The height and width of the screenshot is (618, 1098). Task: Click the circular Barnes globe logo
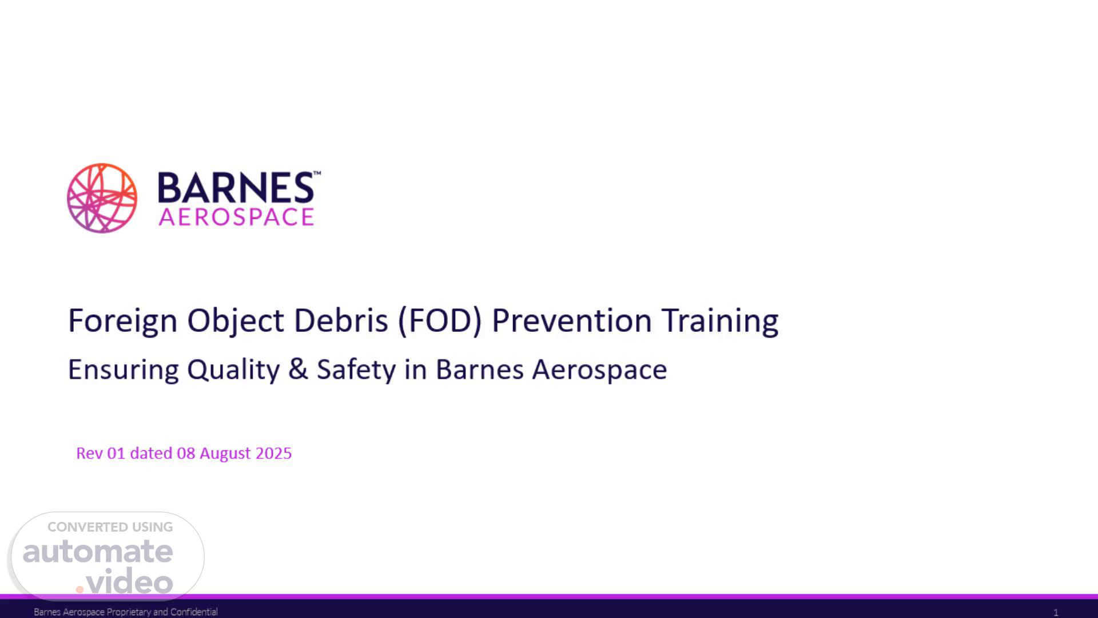click(x=102, y=198)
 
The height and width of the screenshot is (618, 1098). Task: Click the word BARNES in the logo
click(x=236, y=188)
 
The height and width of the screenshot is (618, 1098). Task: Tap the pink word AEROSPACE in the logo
click(x=236, y=217)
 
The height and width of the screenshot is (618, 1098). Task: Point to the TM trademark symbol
click(x=317, y=173)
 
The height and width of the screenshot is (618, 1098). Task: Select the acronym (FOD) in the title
click(x=440, y=320)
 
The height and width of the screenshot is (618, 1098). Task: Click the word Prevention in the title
click(x=572, y=320)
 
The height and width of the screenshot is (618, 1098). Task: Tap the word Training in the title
click(x=720, y=320)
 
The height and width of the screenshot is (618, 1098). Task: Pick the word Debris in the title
click(x=341, y=320)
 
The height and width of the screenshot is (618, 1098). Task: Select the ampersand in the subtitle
click(x=298, y=369)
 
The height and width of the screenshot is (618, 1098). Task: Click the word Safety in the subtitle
click(x=356, y=370)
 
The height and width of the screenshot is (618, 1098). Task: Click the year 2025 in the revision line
click(x=273, y=453)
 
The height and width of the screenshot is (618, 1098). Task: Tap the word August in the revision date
click(x=225, y=454)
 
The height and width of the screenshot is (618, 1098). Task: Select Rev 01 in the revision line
click(x=101, y=453)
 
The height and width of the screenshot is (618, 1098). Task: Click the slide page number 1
click(x=1056, y=612)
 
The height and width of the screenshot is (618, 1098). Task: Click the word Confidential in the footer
click(x=194, y=612)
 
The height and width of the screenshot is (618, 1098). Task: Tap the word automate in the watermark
click(x=98, y=551)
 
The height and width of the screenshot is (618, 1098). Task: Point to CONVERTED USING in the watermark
click(x=110, y=527)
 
